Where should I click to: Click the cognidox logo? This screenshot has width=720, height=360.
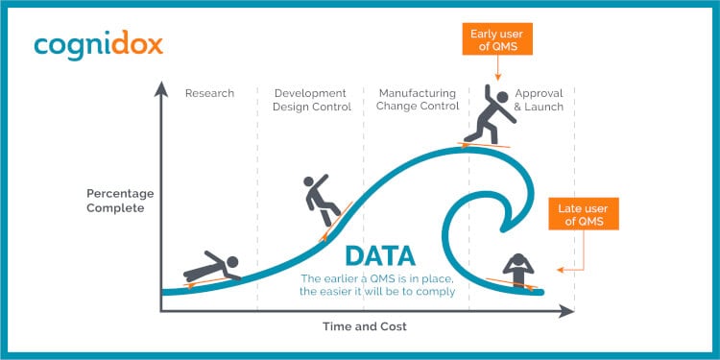[98, 45]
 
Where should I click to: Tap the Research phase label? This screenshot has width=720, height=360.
[209, 94]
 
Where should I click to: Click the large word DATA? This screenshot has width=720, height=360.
[380, 256]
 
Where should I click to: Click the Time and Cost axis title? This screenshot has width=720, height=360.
[365, 326]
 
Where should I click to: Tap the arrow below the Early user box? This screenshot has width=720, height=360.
[498, 70]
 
